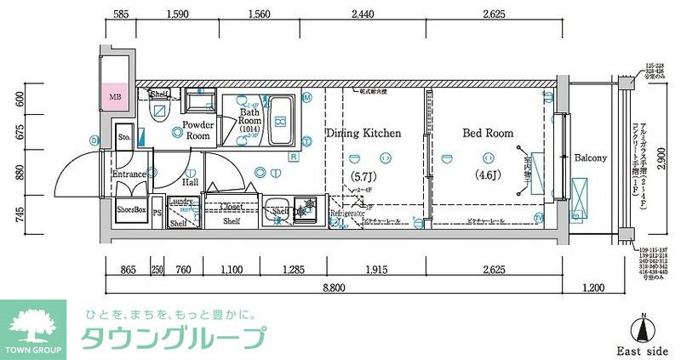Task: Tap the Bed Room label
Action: [x=488, y=133]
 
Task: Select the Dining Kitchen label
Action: [x=363, y=134]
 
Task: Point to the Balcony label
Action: [x=590, y=158]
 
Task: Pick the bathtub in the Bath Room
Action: [x=281, y=121]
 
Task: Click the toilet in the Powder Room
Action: [x=159, y=112]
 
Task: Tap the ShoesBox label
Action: [x=131, y=209]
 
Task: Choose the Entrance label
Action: [x=129, y=174]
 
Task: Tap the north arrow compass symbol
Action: [x=644, y=329]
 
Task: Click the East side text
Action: [x=643, y=351]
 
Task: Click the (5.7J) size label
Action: [x=363, y=177]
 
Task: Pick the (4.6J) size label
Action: [x=488, y=177]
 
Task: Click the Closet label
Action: [x=232, y=206]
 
